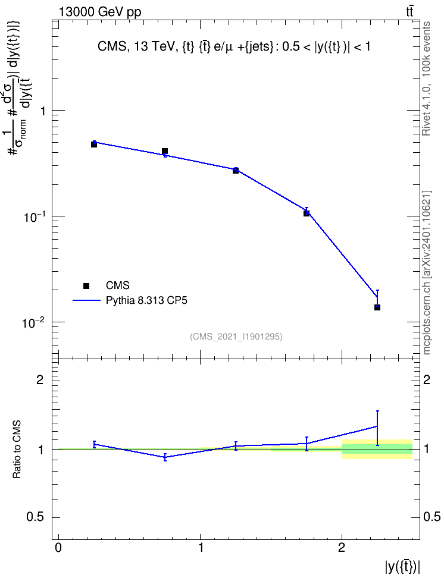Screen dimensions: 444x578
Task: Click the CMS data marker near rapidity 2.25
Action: click(377, 307)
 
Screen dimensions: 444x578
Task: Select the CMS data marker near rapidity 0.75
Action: click(165, 151)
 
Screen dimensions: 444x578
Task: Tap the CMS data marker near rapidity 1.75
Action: click(307, 213)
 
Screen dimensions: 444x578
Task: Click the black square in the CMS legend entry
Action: click(86, 285)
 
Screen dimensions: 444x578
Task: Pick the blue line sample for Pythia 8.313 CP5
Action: click(86, 300)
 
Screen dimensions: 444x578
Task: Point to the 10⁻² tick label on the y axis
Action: click(34, 322)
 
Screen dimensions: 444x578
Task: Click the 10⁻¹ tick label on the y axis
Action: click(34, 216)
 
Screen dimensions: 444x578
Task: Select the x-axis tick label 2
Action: click(342, 548)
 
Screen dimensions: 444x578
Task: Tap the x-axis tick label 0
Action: click(58, 548)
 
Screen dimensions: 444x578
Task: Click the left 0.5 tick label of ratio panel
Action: click(35, 517)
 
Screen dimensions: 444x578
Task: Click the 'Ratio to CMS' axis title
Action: click(17, 449)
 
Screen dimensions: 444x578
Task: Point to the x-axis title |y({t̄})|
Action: click(402, 566)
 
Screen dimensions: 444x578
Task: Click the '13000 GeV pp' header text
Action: click(100, 12)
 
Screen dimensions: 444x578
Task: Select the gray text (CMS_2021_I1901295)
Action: click(236, 337)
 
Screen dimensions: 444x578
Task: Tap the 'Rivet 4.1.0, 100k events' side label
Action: click(426, 78)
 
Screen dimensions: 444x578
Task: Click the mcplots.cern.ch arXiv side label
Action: click(426, 273)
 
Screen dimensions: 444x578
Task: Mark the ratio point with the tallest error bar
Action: click(377, 426)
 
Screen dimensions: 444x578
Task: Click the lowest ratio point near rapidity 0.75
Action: click(165, 457)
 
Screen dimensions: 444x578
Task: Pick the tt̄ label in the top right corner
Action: click(409, 12)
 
